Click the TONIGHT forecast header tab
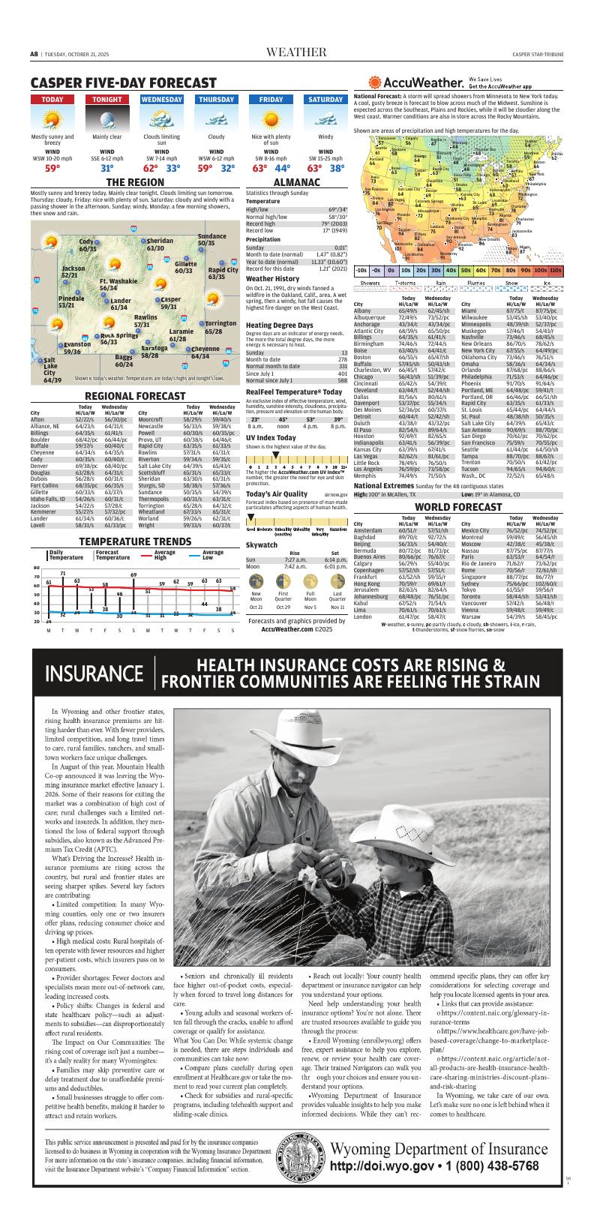[x=107, y=100]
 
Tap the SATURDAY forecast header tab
[x=325, y=100]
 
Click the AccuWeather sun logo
[x=376, y=83]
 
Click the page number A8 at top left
[x=34, y=54]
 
